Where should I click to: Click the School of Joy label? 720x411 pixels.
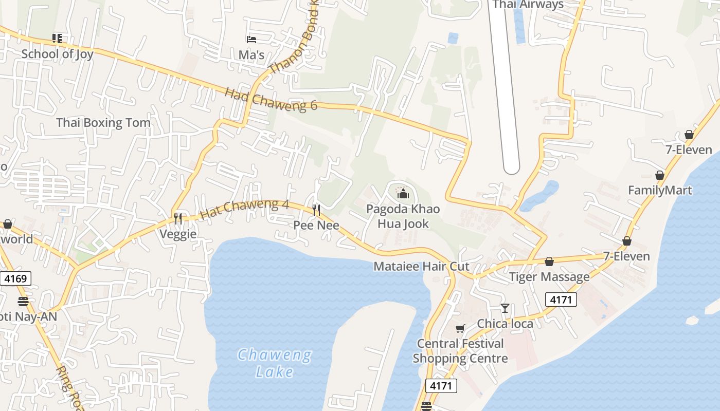point(57,54)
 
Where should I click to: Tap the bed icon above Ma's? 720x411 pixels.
point(251,39)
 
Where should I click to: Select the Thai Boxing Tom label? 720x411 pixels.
point(103,123)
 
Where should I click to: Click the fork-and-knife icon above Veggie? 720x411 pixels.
point(178,219)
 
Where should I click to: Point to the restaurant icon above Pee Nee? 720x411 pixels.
point(316,210)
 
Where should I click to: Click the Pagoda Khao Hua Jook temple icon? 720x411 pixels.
point(403,194)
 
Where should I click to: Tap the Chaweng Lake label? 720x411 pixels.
point(275,363)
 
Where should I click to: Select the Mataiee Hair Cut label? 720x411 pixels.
point(421,267)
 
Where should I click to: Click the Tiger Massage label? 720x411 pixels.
point(549,277)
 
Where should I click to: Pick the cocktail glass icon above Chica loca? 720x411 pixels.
point(505,308)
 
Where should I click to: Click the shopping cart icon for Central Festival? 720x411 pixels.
point(460,328)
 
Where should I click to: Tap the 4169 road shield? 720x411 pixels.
point(15,279)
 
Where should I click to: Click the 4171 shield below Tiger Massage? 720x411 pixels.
point(561,299)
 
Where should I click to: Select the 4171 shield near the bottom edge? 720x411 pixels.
point(441,385)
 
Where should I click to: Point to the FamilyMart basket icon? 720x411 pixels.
point(660,175)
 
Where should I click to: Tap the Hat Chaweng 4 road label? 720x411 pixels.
point(244,209)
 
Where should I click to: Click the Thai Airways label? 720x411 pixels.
point(528,5)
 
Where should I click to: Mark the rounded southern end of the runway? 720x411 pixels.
point(511,167)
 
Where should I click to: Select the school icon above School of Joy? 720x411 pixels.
point(57,38)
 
